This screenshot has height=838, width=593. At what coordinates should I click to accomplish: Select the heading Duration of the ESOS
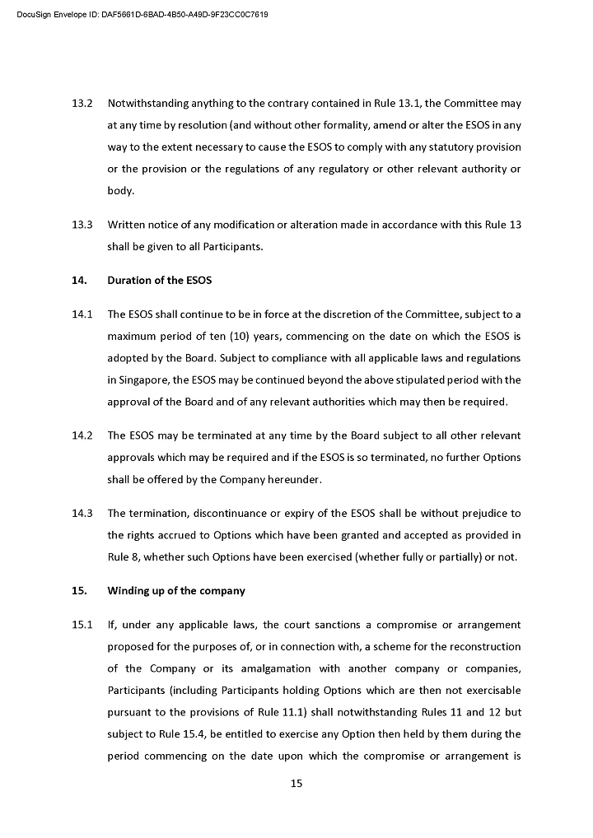pos(159,281)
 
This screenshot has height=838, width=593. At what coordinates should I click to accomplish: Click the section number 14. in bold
pos(79,281)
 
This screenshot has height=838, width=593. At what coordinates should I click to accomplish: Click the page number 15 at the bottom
pos(296,784)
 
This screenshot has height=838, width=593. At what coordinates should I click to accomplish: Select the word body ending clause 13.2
pos(120,191)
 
